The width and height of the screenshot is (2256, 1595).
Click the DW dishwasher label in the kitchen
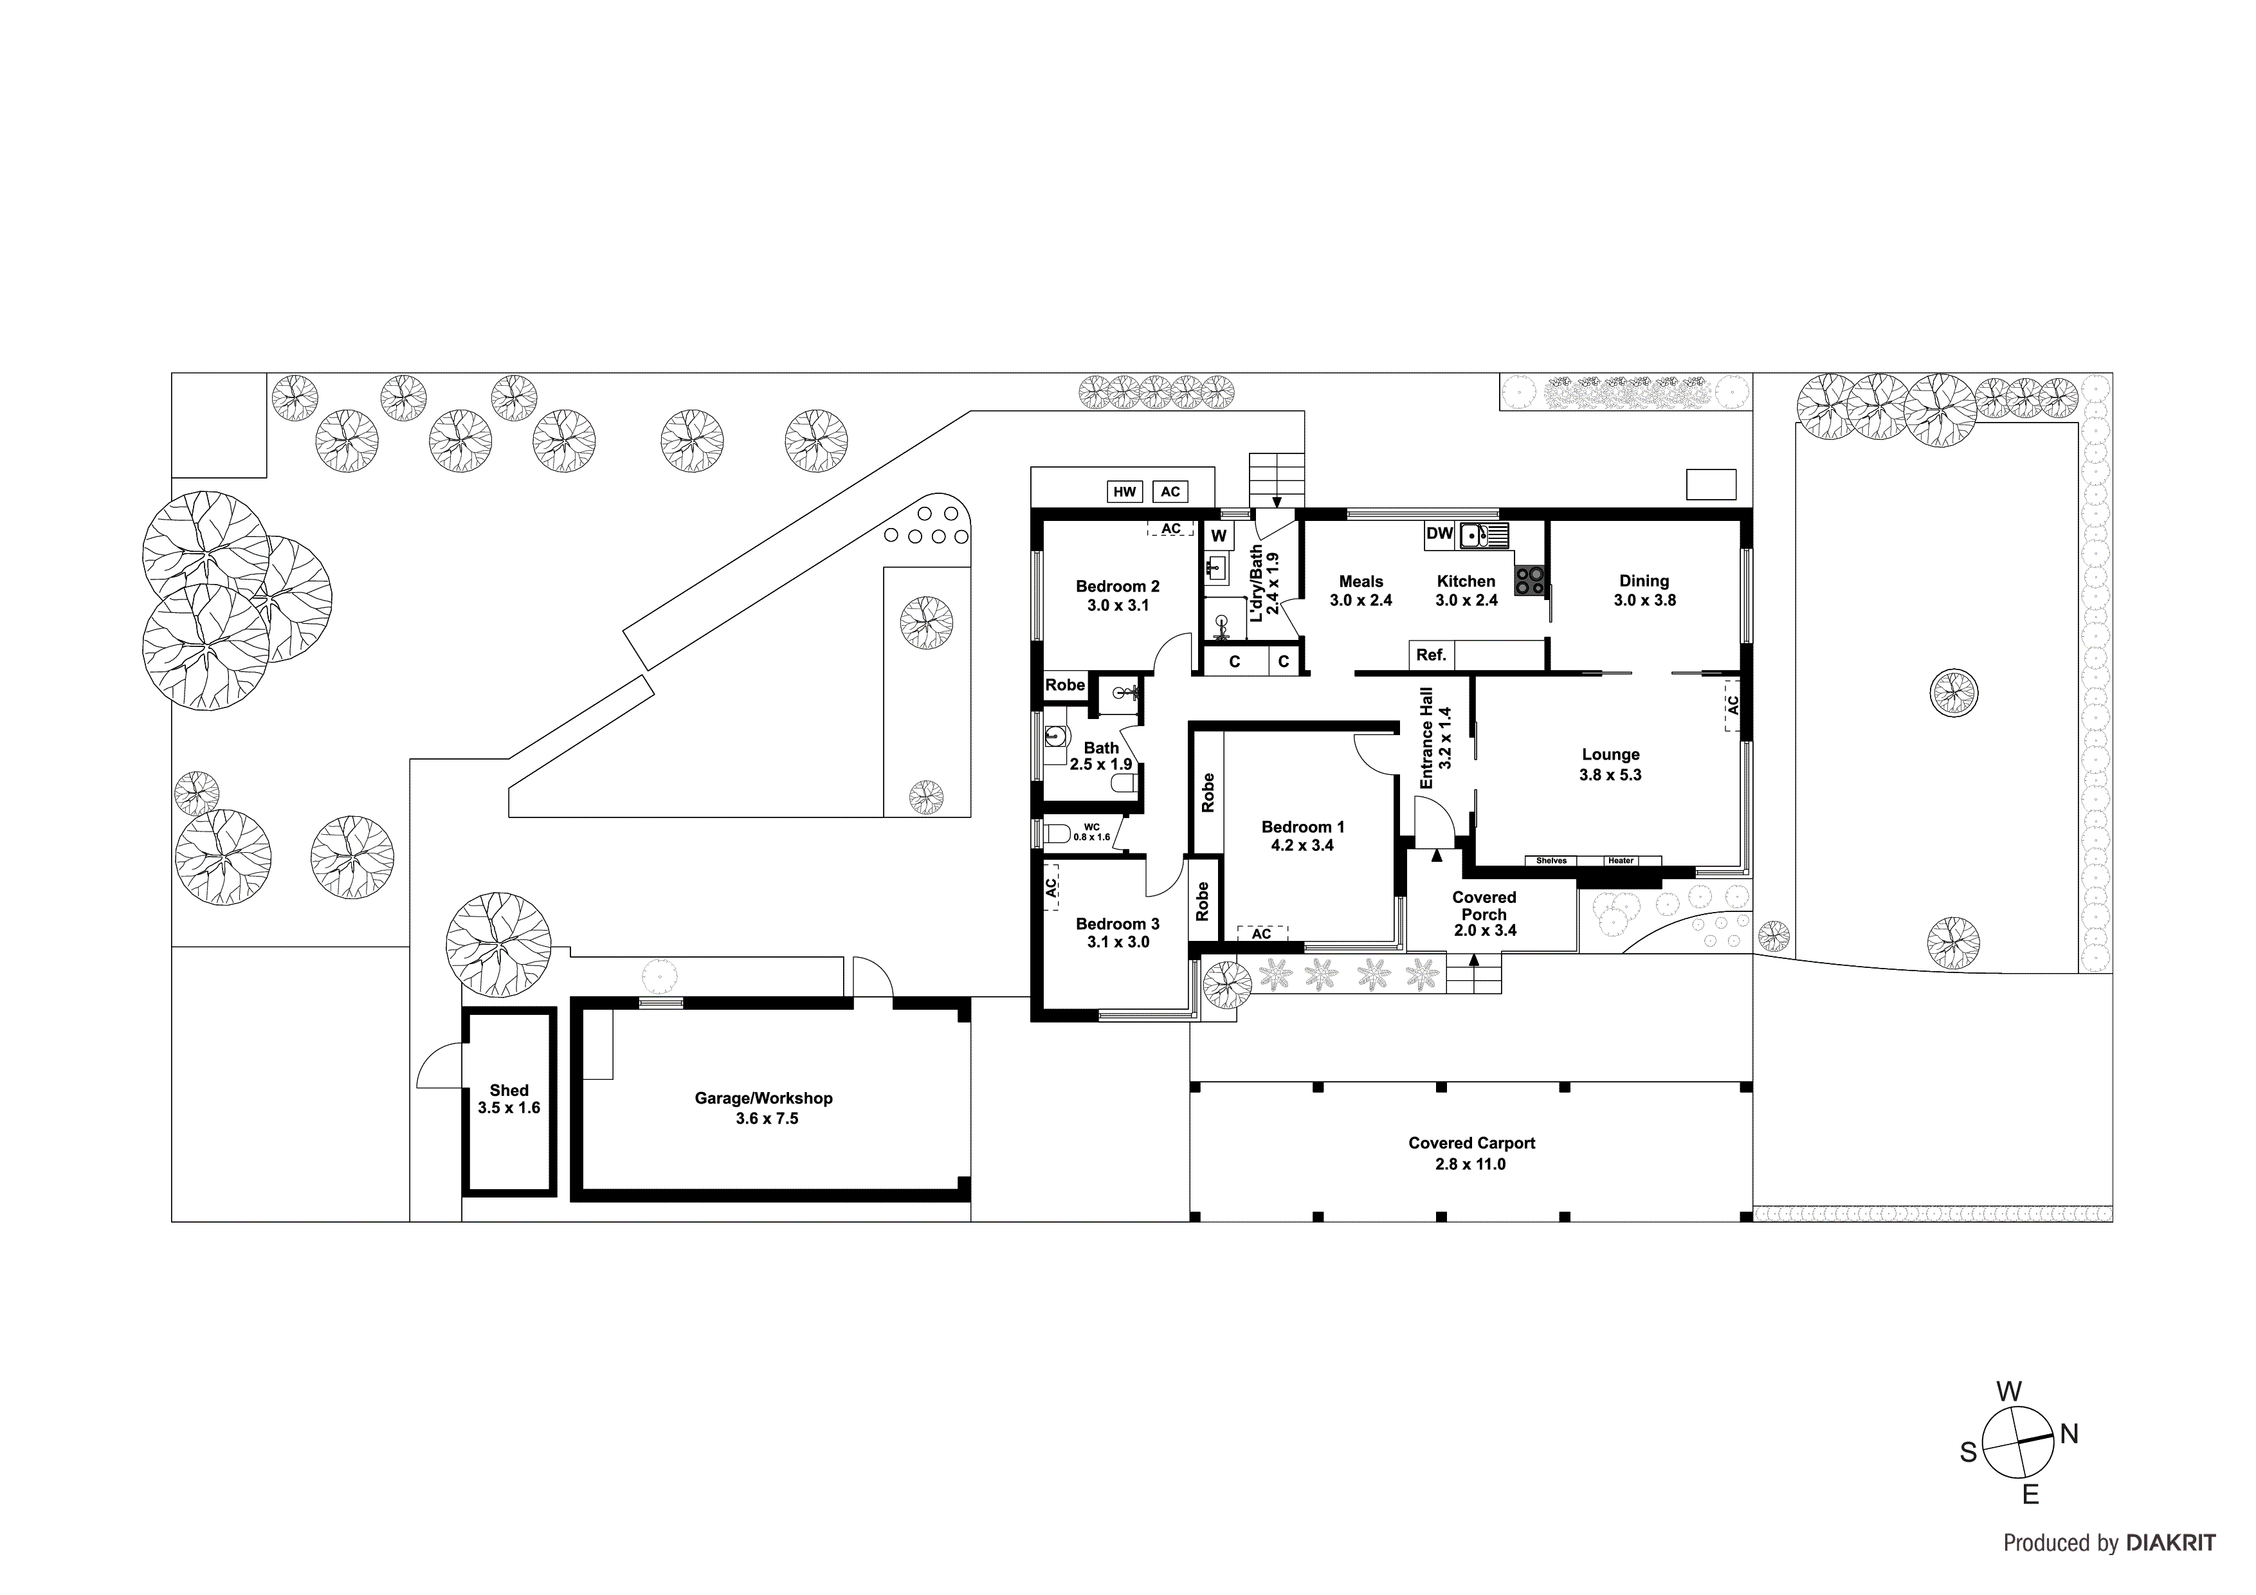[x=1439, y=534]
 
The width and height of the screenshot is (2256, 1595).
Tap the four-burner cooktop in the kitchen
[x=1529, y=580]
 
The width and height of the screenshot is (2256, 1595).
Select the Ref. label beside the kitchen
[x=1431, y=655]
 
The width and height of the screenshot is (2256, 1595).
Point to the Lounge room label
[x=1610, y=755]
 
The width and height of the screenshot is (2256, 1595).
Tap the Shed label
[x=509, y=1090]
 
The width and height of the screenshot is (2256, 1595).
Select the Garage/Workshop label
[x=763, y=1098]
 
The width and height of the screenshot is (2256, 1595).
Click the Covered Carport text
[x=1471, y=1143]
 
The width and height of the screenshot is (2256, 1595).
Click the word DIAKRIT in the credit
[x=2170, y=1543]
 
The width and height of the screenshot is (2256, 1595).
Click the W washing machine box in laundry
[x=1219, y=536]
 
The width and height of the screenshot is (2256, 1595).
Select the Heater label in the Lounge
[x=1620, y=861]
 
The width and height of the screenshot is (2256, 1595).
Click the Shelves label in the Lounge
[x=1552, y=861]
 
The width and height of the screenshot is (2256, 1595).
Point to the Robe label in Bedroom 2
[x=1065, y=685]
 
